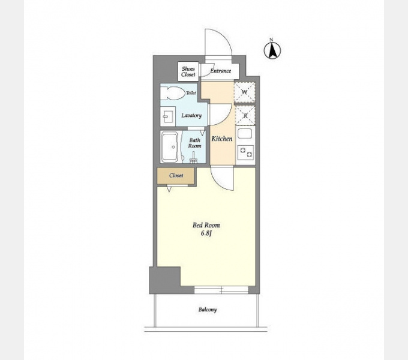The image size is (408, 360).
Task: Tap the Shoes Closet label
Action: coord(188,72)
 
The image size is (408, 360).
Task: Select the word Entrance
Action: coord(221,71)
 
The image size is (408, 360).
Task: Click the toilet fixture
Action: coord(172,93)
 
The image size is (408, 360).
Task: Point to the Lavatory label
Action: coord(191,115)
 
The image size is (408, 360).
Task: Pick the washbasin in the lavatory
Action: coord(168,116)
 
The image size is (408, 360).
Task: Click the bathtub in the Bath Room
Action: coord(170,147)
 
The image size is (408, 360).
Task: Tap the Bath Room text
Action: coord(194,143)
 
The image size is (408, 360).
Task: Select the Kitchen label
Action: coord(222,139)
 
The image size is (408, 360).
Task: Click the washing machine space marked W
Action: coord(244,92)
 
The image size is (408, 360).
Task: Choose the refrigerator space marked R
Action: coord(245,115)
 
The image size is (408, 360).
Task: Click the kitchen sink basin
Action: coord(245,134)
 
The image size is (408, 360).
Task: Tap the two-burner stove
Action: coord(246,152)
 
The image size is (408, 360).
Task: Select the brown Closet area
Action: coord(176,176)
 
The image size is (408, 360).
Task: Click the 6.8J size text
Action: coord(206,233)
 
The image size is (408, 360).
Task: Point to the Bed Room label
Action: coord(206,225)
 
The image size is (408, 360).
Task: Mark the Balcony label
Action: coord(208,310)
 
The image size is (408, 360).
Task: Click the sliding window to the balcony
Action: coord(221,290)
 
